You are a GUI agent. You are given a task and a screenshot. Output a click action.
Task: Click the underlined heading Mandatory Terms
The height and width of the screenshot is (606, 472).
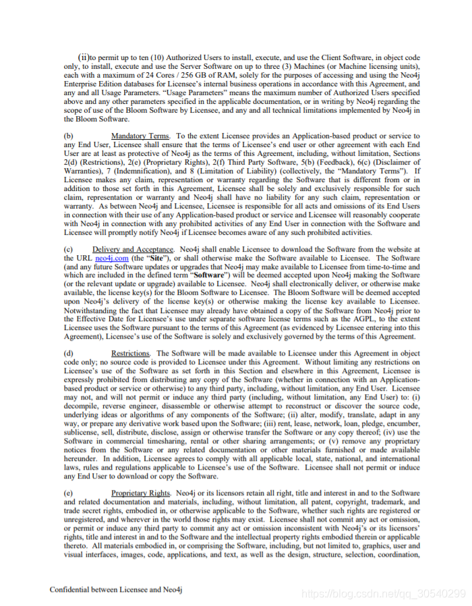point(140,136)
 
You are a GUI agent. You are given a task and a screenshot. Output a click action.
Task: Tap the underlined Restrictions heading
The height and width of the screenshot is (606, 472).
point(130,353)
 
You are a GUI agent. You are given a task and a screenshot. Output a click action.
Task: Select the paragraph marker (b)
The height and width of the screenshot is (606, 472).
point(68,136)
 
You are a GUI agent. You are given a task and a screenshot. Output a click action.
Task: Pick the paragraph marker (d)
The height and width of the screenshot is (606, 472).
point(68,353)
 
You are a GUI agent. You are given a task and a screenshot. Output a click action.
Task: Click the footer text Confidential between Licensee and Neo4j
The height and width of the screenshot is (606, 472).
point(116,589)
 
